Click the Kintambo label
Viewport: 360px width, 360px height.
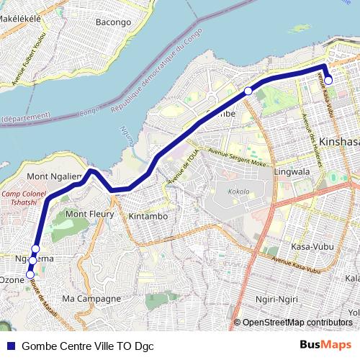pyautogui.click(x=147, y=216)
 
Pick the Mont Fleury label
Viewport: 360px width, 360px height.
pyautogui.click(x=89, y=214)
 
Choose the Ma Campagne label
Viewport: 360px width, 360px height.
pyautogui.click(x=91, y=298)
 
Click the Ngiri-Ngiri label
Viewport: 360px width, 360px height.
pyautogui.click(x=278, y=299)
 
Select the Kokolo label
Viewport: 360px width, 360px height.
pyautogui.click(x=238, y=192)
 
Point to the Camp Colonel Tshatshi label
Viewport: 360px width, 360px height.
pyautogui.click(x=24, y=199)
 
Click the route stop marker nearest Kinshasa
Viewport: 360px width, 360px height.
pyautogui.click(x=328, y=81)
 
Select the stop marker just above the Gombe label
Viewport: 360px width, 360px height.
pyautogui.click(x=248, y=91)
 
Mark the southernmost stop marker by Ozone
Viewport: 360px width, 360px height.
pyautogui.click(x=30, y=274)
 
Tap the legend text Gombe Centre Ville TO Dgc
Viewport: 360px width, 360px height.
pyautogui.click(x=88, y=346)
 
